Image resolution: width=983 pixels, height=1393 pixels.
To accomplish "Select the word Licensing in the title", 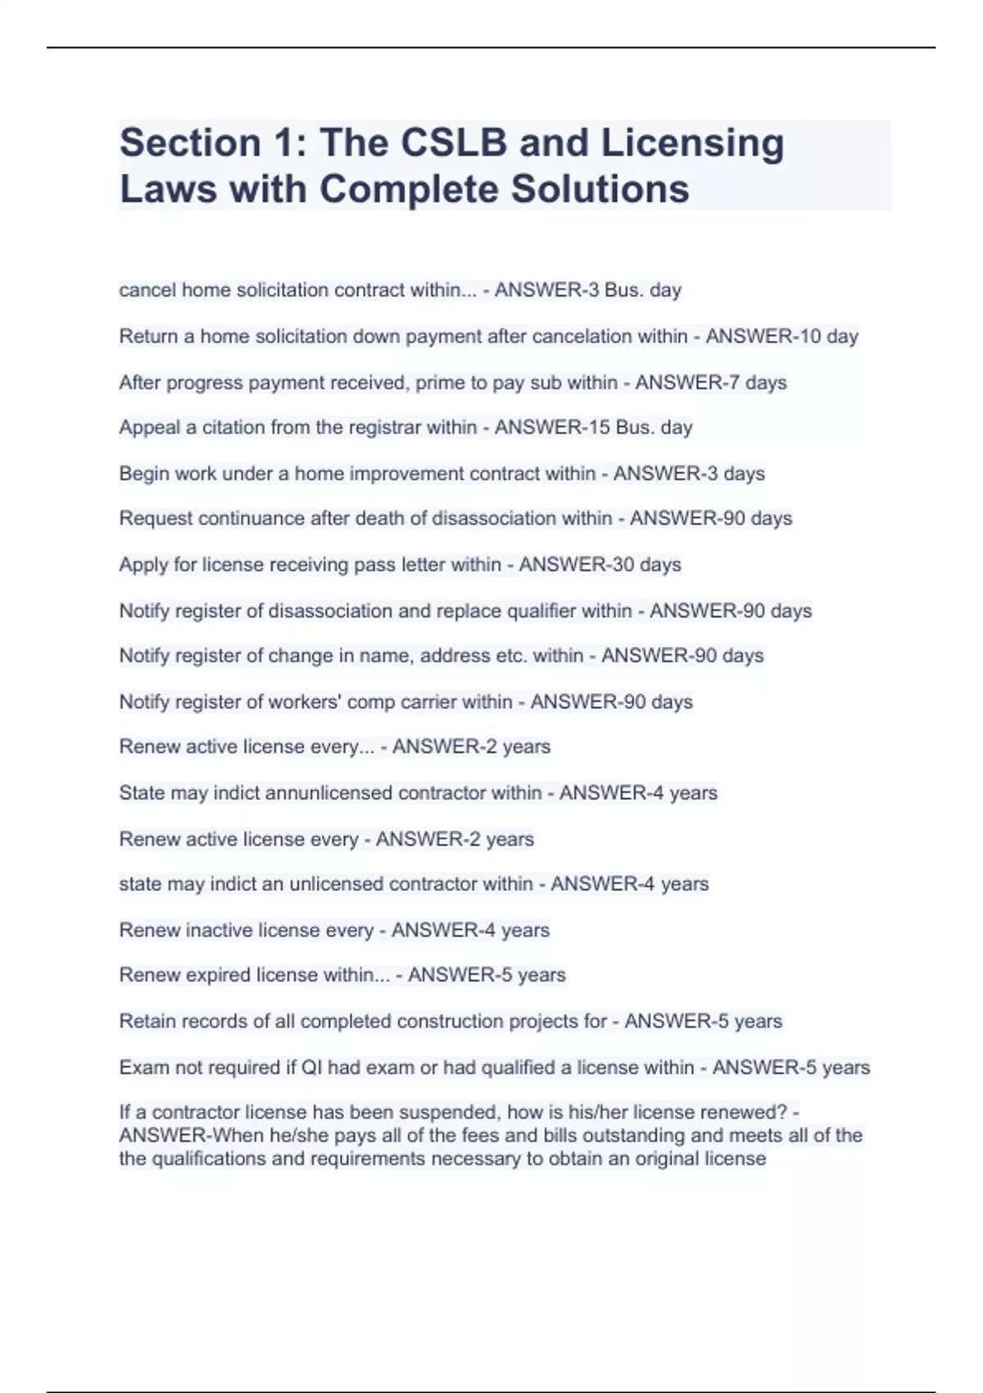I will [x=693, y=143].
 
